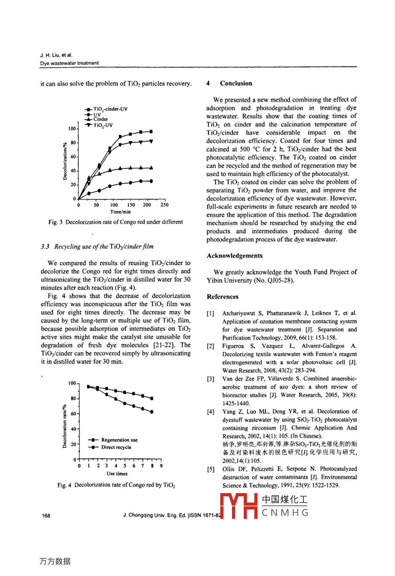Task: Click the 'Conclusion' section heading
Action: click(236, 83)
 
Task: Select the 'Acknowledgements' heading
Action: click(235, 256)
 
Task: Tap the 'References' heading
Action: click(222, 297)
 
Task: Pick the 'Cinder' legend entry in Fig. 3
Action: click(100, 119)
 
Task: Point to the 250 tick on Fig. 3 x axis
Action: click(164, 205)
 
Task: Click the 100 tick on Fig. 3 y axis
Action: click(72, 129)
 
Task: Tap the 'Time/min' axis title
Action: click(120, 212)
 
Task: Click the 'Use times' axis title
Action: click(117, 473)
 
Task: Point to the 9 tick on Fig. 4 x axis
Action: click(161, 466)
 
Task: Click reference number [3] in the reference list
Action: click(211, 379)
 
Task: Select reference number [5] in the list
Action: click(211, 469)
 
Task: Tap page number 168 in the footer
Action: click(46, 516)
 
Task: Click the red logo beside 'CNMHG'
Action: click(239, 506)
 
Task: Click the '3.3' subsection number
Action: click(45, 247)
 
